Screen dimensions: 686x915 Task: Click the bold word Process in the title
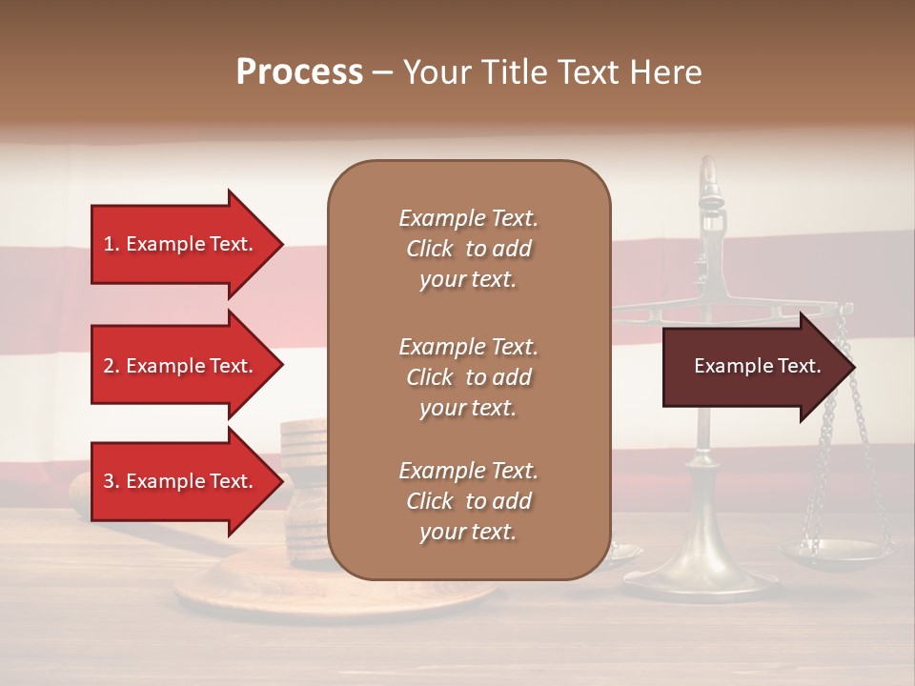point(299,71)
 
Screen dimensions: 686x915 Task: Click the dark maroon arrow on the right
point(753,366)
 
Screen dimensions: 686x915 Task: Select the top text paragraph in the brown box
point(468,249)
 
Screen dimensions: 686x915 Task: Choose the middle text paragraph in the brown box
point(468,377)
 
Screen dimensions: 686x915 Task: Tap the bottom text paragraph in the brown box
point(468,501)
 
